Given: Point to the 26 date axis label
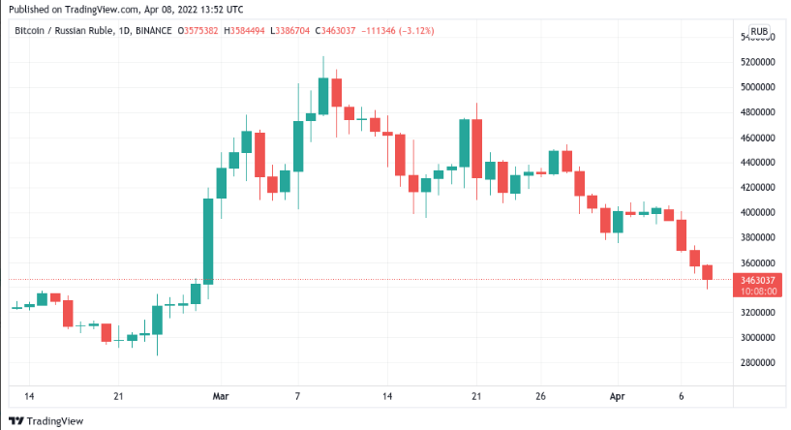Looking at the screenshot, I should tap(541, 396).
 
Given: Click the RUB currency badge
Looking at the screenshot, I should tap(760, 31).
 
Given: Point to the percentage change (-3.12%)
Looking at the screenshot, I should tap(415, 31).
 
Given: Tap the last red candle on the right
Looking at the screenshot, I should tap(708, 273).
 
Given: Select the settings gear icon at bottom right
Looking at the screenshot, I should tap(760, 396).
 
